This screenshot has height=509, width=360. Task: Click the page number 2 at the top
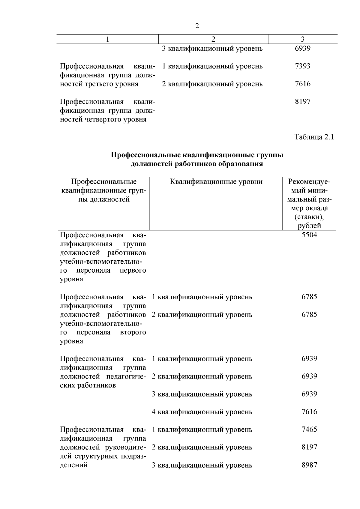pyautogui.click(x=197, y=26)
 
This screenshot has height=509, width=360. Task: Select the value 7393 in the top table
pyautogui.click(x=302, y=66)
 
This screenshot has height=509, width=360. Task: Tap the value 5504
pyautogui.click(x=309, y=235)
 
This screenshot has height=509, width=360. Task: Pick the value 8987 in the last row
pyautogui.click(x=309, y=465)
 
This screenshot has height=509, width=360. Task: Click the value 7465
pyautogui.click(x=309, y=429)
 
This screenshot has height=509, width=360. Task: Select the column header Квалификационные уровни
pyautogui.click(x=216, y=182)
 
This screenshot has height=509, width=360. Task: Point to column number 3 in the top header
pyautogui.click(x=302, y=39)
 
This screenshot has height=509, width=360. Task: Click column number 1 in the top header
pyautogui.click(x=107, y=39)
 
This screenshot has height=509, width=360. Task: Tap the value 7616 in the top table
pyautogui.click(x=302, y=84)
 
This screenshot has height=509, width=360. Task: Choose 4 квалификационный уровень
pyautogui.click(x=202, y=412)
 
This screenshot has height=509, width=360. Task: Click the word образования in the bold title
pyautogui.click(x=242, y=164)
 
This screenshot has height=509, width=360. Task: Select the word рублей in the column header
pyautogui.click(x=309, y=226)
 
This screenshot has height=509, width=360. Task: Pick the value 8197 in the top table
pyautogui.click(x=302, y=101)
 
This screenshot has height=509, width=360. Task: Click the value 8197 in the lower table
pyautogui.click(x=309, y=447)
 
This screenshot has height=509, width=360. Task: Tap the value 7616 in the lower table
pyautogui.click(x=309, y=412)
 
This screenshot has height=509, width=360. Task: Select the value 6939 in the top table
pyautogui.click(x=302, y=48)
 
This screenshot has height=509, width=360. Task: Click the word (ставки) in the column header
pyautogui.click(x=309, y=217)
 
